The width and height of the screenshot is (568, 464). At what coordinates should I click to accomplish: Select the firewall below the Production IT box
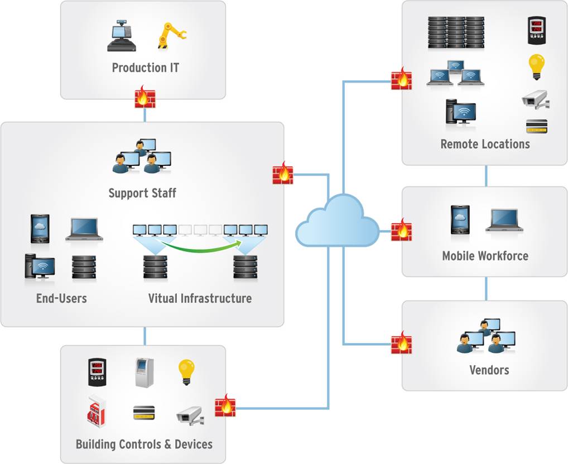click(x=145, y=97)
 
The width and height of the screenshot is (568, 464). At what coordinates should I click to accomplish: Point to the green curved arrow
click(x=200, y=243)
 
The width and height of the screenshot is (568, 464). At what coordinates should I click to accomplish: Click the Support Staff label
click(x=142, y=193)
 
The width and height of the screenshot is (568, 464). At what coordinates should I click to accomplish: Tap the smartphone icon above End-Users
click(x=40, y=228)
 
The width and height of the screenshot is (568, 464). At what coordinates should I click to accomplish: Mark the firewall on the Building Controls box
click(x=225, y=405)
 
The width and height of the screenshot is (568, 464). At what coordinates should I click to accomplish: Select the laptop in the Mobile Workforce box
click(x=504, y=220)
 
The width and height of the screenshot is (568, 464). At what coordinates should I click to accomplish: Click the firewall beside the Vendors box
click(x=401, y=341)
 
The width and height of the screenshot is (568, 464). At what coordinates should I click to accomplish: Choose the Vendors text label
click(x=489, y=370)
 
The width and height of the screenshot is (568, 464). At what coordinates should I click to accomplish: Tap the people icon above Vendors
click(x=485, y=336)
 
